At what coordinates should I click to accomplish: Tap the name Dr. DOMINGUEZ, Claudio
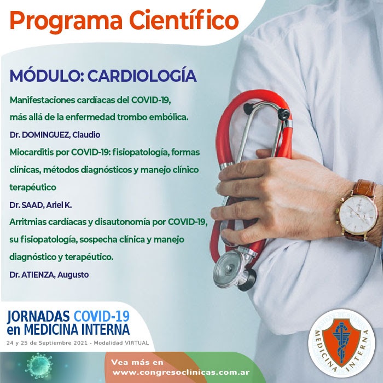55,135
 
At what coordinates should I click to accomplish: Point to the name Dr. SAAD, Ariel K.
40,205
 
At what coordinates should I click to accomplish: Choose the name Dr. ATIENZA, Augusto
49,275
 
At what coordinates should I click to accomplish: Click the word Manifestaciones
42,100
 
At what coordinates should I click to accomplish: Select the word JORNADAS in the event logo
38,316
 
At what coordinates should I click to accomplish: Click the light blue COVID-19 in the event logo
101,316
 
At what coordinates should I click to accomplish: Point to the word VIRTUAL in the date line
137,343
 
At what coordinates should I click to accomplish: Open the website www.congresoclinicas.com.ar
181,373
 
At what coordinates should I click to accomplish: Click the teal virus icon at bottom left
39,366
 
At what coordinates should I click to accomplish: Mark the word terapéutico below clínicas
33,187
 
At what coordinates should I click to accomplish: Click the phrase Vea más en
137,362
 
